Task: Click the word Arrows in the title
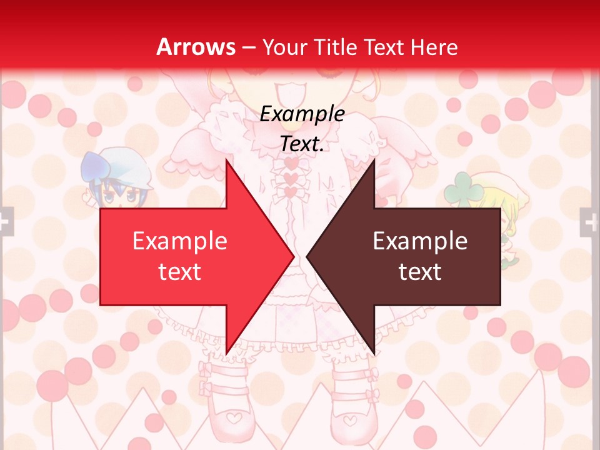[x=196, y=47]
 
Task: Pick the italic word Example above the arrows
[x=302, y=114]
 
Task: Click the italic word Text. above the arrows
[x=302, y=144]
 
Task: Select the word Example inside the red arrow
[x=180, y=241]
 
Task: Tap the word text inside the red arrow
[x=180, y=272]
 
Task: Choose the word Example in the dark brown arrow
[x=420, y=241]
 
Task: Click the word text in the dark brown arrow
[x=420, y=272]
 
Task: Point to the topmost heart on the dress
[x=291, y=163]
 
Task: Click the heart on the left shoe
[x=232, y=414]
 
